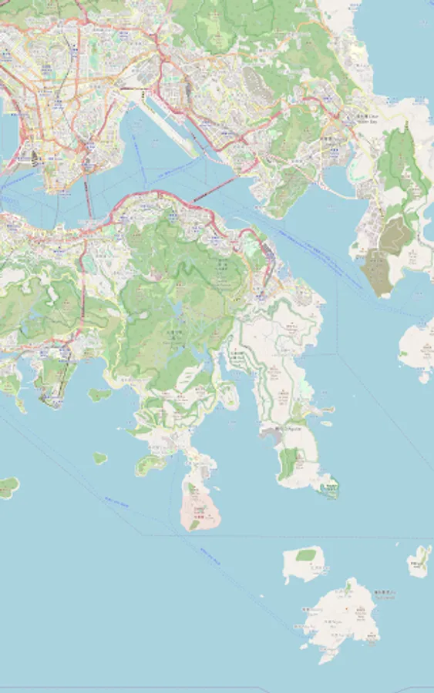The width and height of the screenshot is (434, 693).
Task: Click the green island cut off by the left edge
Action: click(x=8, y=487)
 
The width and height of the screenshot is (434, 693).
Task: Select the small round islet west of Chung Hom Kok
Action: click(x=99, y=457)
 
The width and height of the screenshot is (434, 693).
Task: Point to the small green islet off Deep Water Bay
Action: click(x=99, y=395)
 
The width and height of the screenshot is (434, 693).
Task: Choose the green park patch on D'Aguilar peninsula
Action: click(x=288, y=463)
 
